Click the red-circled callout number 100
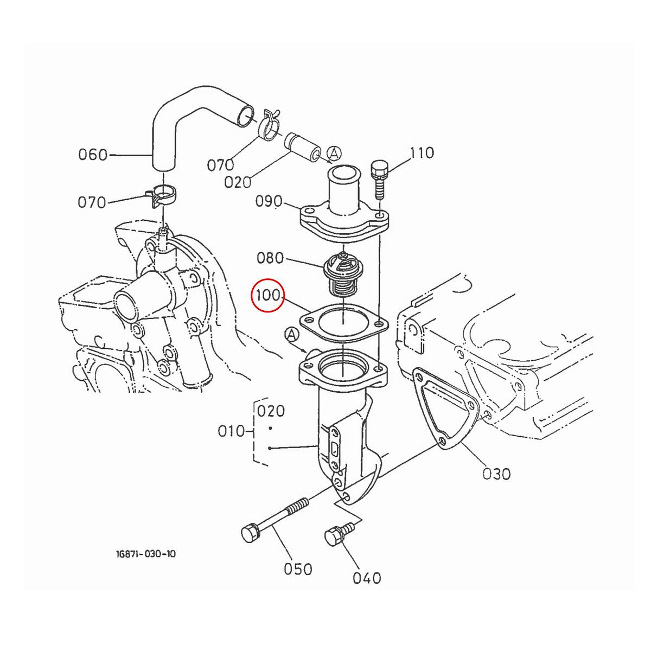[x=267, y=296]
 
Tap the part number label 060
[x=93, y=155]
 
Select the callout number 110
[x=422, y=153]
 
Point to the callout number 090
[x=269, y=202]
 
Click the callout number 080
[x=270, y=258]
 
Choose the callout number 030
[x=496, y=474]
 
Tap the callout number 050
[x=298, y=569]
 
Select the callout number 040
[x=367, y=578]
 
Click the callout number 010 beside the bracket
[x=232, y=432]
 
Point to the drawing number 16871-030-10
[x=145, y=554]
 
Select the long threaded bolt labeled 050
[x=274, y=520]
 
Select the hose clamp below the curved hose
[x=162, y=194]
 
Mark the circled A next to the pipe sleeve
[x=334, y=154]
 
